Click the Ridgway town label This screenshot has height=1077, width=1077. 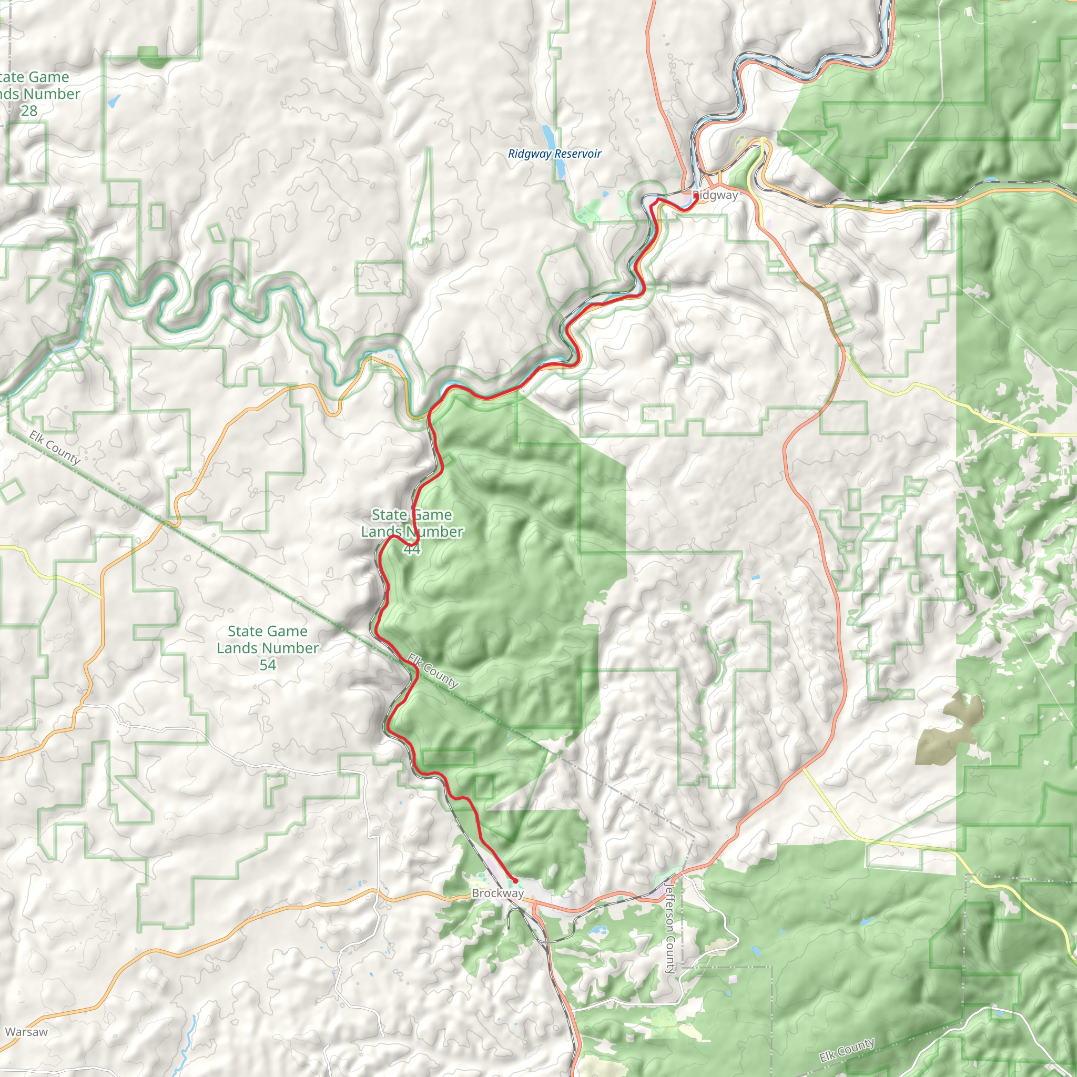click(x=715, y=195)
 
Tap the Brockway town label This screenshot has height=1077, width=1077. click(x=497, y=893)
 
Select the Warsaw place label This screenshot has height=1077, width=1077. click(x=26, y=1032)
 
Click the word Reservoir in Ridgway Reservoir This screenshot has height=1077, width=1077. click(x=577, y=154)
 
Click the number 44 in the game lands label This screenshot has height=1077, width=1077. click(x=411, y=549)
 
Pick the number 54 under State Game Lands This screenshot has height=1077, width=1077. click(x=268, y=665)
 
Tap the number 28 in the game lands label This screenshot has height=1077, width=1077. click(x=29, y=111)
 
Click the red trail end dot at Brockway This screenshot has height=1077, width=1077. click(x=515, y=881)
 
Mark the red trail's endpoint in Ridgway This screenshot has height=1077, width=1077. click(x=696, y=196)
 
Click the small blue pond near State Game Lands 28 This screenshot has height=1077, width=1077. click(x=114, y=101)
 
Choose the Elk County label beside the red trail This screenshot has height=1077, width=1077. click(x=433, y=671)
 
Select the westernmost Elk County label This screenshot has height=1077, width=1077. click(x=55, y=448)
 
